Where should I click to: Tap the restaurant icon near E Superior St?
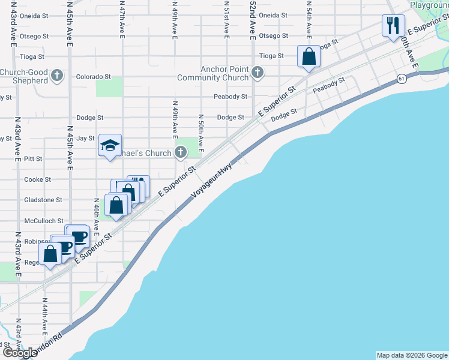point(393,25)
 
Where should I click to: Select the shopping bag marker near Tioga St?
point(309,56)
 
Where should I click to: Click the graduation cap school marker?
point(110,145)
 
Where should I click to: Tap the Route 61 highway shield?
point(400,79)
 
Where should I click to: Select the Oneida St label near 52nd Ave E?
point(273,15)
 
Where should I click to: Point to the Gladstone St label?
point(43,200)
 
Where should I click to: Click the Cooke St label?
point(37,179)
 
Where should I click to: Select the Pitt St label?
point(33,159)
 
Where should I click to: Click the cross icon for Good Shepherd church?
point(57,76)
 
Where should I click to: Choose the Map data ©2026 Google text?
point(412,355)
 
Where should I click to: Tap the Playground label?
point(430,5)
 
